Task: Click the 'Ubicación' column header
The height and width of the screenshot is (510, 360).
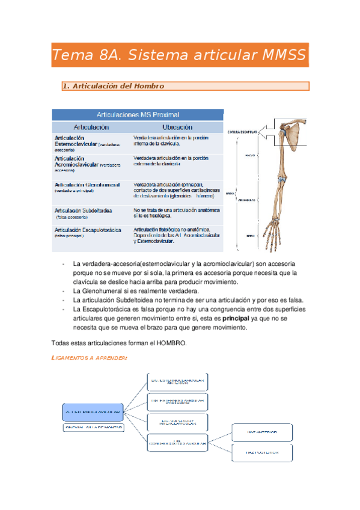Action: (177, 127)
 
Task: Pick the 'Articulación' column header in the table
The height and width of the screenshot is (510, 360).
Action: (91, 127)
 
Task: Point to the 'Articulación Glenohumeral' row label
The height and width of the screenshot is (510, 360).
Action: (87, 185)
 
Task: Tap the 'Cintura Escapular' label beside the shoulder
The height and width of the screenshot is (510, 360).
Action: (242, 132)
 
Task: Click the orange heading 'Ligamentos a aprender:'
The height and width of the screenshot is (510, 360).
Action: (90, 358)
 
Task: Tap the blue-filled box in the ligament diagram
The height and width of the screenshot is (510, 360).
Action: (93, 412)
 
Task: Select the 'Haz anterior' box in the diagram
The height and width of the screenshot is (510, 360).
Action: (262, 432)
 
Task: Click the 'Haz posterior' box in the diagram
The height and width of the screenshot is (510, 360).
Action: (262, 452)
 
